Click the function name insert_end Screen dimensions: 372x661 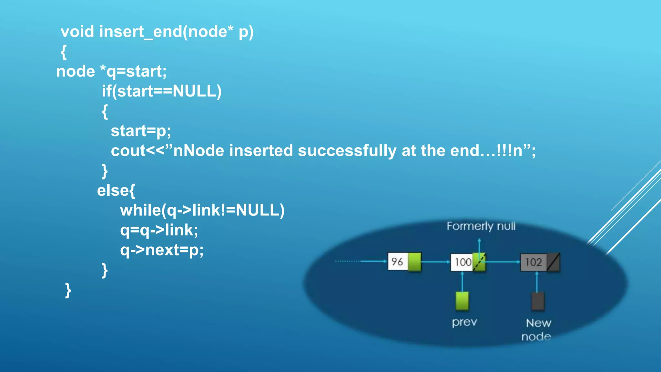pyautogui.click(x=140, y=32)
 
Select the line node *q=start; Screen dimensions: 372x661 pyautogui.click(x=111, y=71)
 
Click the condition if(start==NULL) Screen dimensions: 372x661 pyautogui.click(x=162, y=91)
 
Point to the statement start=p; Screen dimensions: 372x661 pyautogui.click(x=141, y=131)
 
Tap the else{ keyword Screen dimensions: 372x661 pyautogui.click(x=116, y=191)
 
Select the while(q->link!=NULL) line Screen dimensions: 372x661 pyautogui.click(x=202, y=211)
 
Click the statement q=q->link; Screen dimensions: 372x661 pyautogui.click(x=159, y=230)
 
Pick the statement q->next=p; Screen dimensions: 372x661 pyautogui.click(x=162, y=250)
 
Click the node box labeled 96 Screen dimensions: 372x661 pyautogui.click(x=398, y=262)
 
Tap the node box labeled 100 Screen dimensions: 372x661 pyautogui.click(x=463, y=262)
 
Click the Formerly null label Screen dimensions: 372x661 pyautogui.click(x=481, y=226)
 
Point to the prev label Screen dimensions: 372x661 pyautogui.click(x=464, y=322)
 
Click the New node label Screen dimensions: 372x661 pyautogui.click(x=537, y=329)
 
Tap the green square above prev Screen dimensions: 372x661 pyautogui.click(x=462, y=301)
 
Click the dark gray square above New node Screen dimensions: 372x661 pyautogui.click(x=538, y=301)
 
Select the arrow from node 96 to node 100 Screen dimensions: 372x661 pyautogui.click(x=436, y=262)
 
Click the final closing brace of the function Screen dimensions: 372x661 pyautogui.click(x=68, y=290)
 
